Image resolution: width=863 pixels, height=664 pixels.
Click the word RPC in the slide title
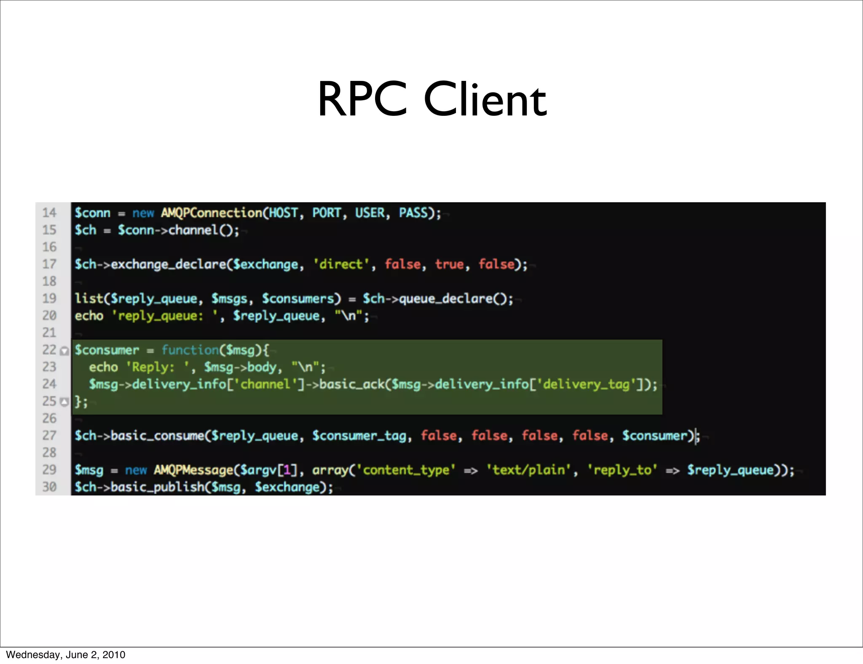click(362, 99)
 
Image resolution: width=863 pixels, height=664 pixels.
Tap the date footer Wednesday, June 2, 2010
click(65, 655)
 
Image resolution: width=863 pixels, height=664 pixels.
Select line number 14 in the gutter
click(49, 213)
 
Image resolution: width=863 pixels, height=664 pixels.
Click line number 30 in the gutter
click(49, 487)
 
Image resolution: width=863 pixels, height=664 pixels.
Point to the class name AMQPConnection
click(212, 213)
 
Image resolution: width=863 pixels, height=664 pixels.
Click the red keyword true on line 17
click(449, 264)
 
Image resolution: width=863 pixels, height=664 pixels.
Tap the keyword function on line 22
click(190, 350)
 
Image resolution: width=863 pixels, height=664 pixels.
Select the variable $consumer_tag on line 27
click(359, 436)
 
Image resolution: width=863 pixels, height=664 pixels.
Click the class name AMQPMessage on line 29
click(193, 470)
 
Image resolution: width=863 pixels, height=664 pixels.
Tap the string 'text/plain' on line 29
click(529, 470)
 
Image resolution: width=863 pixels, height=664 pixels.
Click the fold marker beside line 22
click(64, 351)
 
